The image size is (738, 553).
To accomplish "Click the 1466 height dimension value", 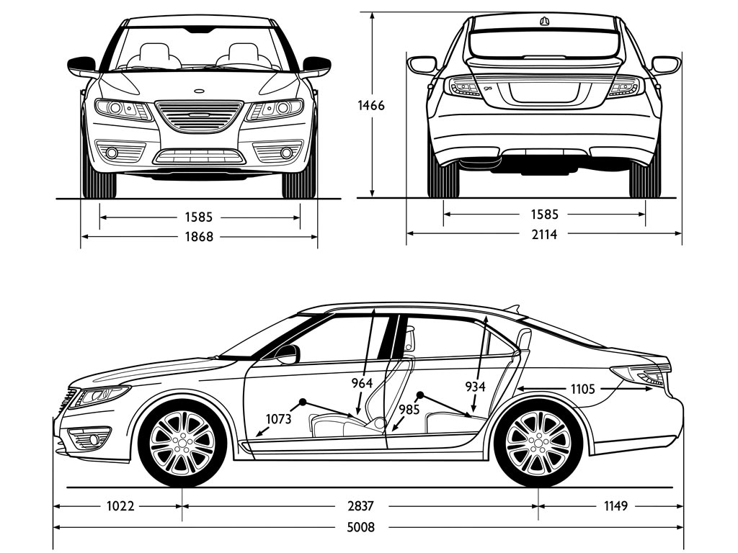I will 371,105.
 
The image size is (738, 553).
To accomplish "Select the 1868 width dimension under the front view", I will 199,235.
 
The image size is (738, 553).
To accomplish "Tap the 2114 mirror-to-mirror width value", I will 543,234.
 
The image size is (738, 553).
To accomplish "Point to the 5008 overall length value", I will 360,528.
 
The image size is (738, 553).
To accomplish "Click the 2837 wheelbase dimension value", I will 360,506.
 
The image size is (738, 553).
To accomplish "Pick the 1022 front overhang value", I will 121,506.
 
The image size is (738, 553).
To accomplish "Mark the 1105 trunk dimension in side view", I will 582,389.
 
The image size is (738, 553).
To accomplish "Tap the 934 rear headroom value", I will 475,387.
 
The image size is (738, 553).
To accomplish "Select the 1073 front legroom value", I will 279,418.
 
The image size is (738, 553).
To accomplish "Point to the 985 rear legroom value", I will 409,409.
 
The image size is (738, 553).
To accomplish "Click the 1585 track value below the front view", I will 199,216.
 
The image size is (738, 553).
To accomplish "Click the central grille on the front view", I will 199,116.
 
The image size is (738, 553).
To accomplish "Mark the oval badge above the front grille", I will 199,91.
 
